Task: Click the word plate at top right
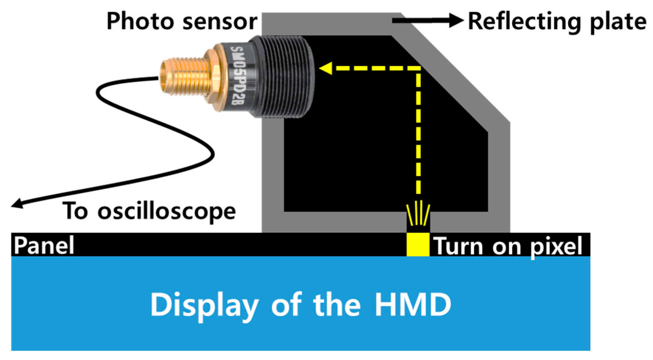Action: point(618,22)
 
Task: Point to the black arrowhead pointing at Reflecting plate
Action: point(456,20)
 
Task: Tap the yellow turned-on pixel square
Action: point(418,244)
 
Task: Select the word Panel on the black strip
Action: point(44,245)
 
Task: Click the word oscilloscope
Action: point(167,212)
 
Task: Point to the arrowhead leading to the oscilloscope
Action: point(17,204)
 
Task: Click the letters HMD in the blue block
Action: point(413,304)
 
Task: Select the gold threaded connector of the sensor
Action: point(184,77)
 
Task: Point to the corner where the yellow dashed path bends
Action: point(418,68)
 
